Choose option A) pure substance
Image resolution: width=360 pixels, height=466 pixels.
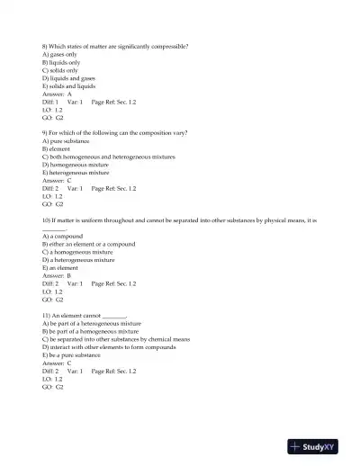[x=66, y=141]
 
